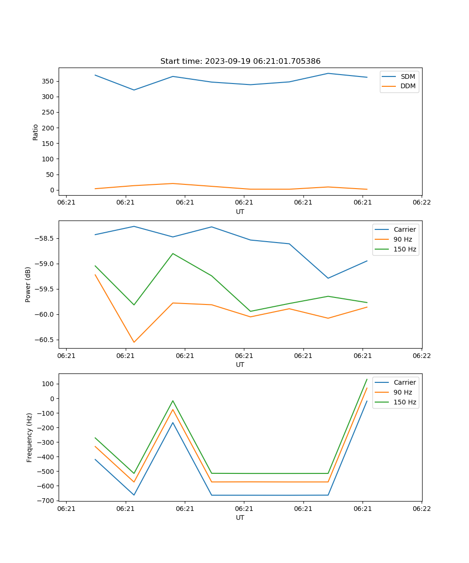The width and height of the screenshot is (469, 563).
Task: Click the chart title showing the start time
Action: [240, 61]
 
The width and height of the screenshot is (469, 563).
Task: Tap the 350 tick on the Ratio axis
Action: [48, 81]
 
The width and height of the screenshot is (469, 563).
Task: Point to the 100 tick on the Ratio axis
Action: [48, 159]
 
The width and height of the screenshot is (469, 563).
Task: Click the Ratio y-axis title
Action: [36, 132]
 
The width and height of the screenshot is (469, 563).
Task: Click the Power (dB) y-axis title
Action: [28, 284]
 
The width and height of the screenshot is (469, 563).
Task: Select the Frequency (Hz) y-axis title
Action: [29, 437]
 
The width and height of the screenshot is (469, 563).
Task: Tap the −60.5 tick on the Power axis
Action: [45, 340]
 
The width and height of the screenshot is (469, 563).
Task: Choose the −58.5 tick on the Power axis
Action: [45, 238]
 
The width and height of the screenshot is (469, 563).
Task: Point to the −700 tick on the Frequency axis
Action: [45, 501]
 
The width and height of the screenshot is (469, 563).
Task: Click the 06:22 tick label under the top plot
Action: [422, 202]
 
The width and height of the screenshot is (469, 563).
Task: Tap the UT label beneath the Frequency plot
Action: [240, 517]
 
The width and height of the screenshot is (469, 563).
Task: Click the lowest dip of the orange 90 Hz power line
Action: [134, 342]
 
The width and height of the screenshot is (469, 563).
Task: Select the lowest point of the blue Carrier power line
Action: [328, 278]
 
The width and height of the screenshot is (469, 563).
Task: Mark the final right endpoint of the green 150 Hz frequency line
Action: [367, 379]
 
